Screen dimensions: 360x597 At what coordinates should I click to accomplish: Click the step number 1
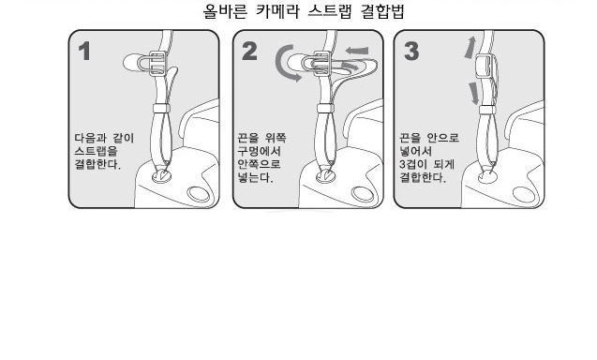coord(85,52)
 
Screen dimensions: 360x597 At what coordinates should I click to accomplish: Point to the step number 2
coord(249,52)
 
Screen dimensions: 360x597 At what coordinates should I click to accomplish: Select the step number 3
coord(411,52)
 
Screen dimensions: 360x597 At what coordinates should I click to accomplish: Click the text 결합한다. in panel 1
coord(97,165)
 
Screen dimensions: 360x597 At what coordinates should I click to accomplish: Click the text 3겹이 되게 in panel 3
coord(426,164)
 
